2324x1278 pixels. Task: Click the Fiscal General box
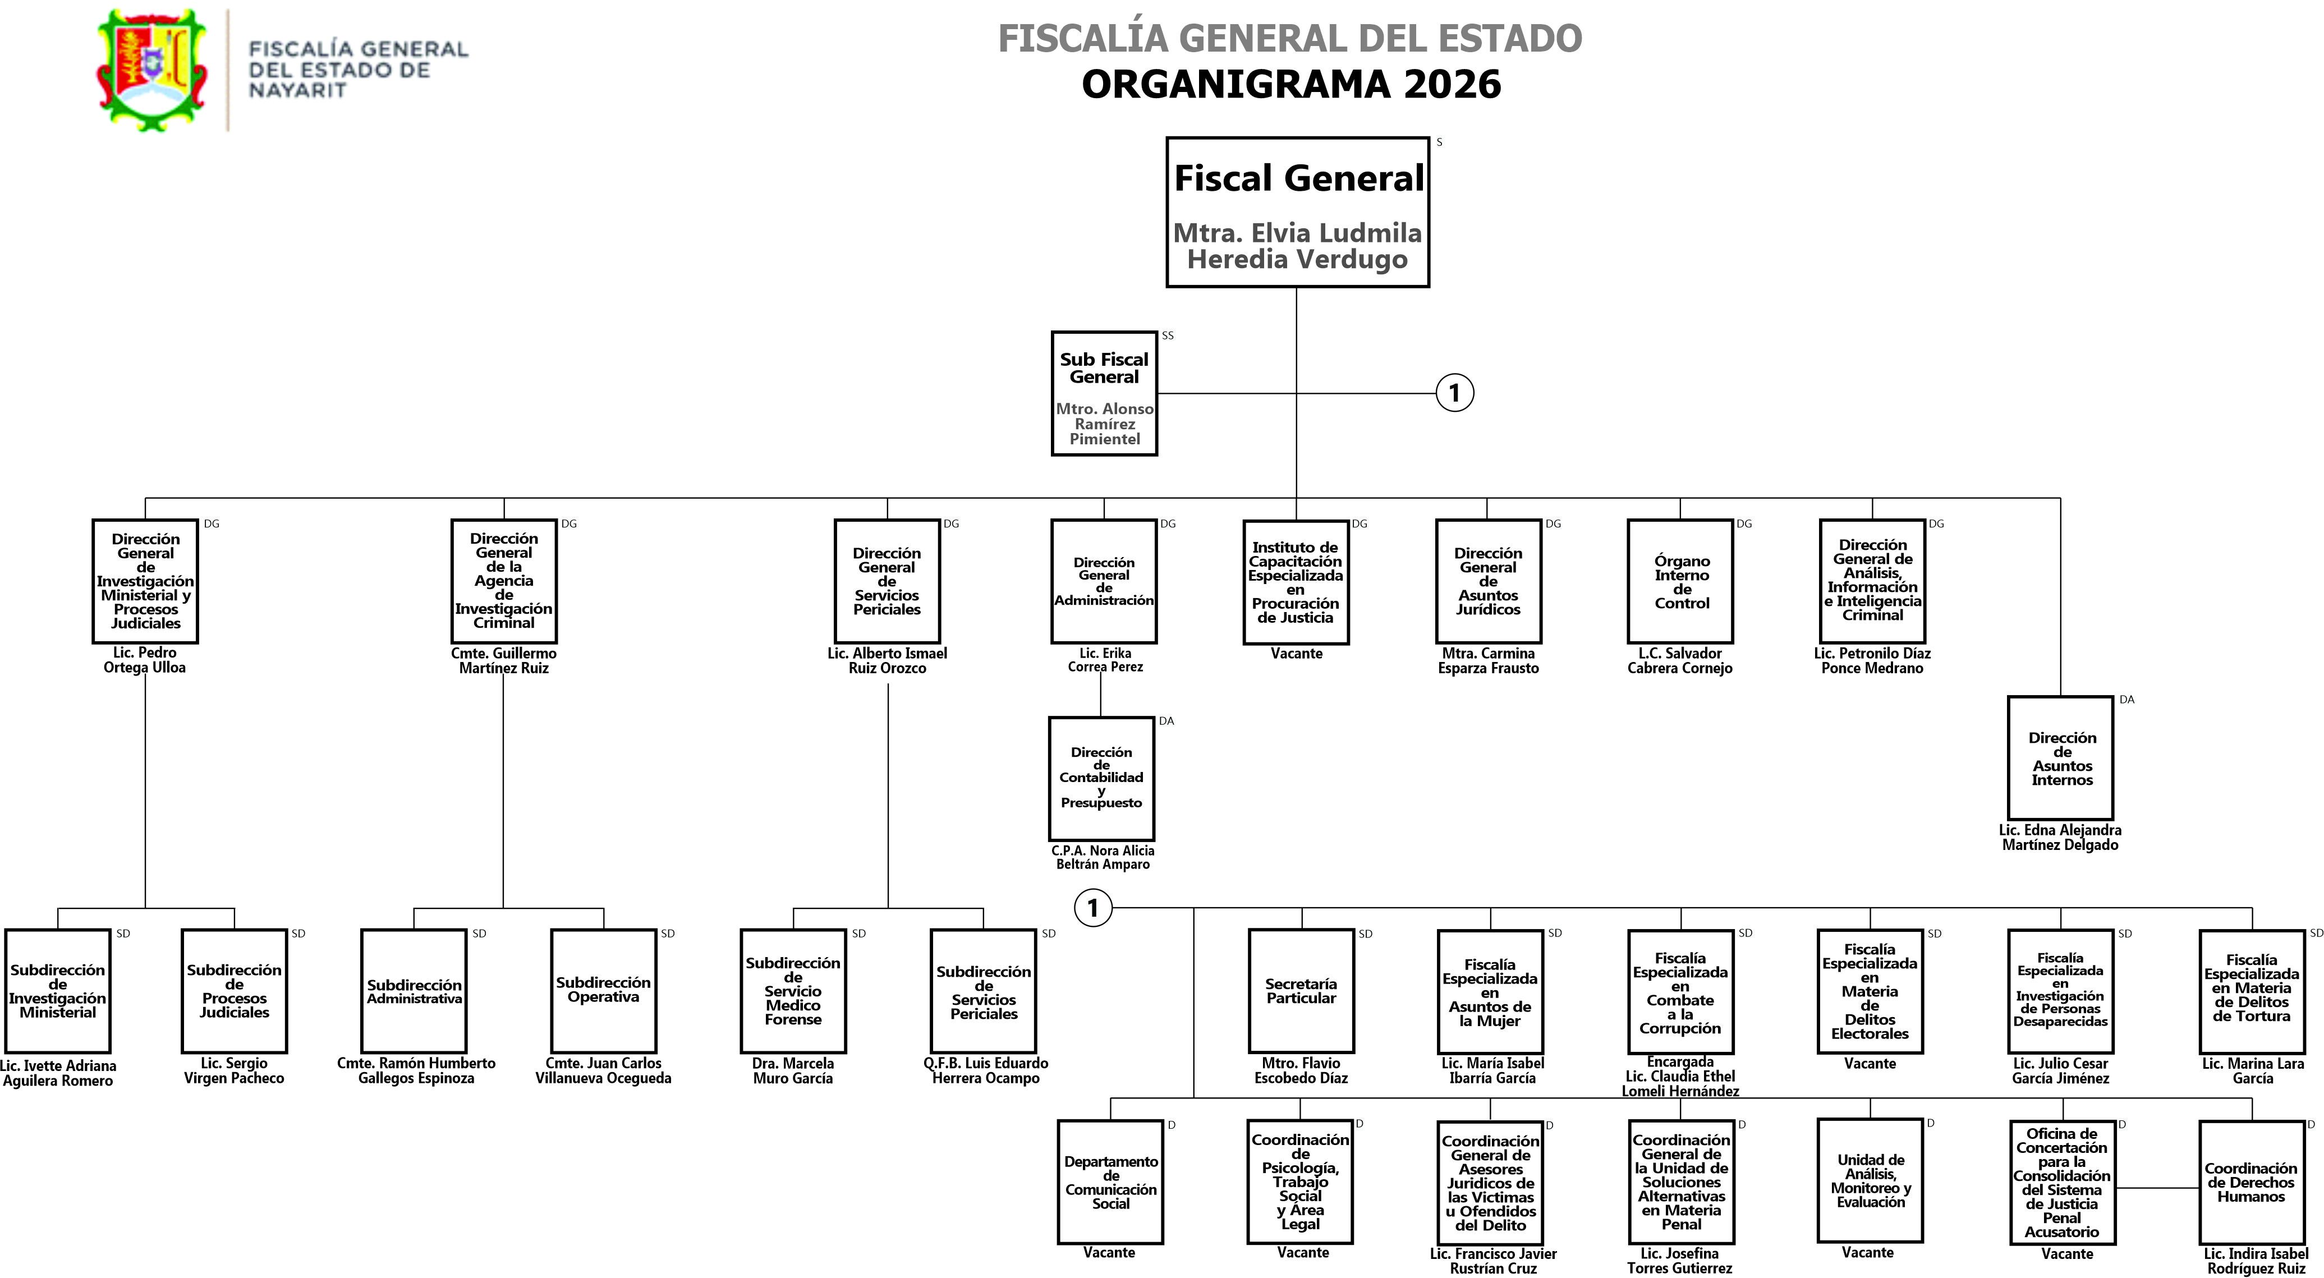coord(1297,212)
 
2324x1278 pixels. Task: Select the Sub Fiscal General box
coord(1104,393)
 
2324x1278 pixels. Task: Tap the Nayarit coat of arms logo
coord(151,70)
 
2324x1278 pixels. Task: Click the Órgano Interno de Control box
coord(1680,582)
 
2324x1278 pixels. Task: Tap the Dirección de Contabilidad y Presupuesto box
coord(1101,778)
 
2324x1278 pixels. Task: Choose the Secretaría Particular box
coord(1301,990)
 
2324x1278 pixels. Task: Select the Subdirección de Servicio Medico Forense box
coord(793,990)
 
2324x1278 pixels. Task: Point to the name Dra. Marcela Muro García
coord(793,1070)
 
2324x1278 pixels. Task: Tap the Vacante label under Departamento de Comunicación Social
coord(1109,1252)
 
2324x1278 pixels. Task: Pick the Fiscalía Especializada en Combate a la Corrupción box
coord(1680,991)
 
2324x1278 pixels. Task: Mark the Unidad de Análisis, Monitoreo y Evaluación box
coord(1870,1180)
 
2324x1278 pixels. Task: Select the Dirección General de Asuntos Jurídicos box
coord(1487,582)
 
